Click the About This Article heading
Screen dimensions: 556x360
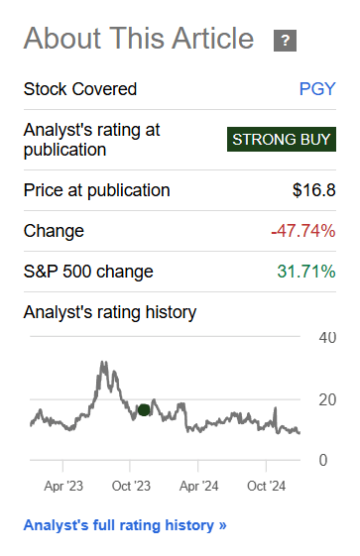139,40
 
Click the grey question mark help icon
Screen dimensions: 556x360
286,41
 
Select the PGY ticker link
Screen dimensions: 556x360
317,89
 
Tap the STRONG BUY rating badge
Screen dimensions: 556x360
280,140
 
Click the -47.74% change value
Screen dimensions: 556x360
303,231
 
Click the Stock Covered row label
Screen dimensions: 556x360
80,89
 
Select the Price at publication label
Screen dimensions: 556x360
96,190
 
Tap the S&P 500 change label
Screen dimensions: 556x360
88,272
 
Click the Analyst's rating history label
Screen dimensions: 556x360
109,312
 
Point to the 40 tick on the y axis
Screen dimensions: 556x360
327,338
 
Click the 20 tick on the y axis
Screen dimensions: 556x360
327,399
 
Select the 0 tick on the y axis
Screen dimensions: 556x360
323,460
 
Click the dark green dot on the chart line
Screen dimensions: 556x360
144,409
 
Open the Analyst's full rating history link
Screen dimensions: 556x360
125,525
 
